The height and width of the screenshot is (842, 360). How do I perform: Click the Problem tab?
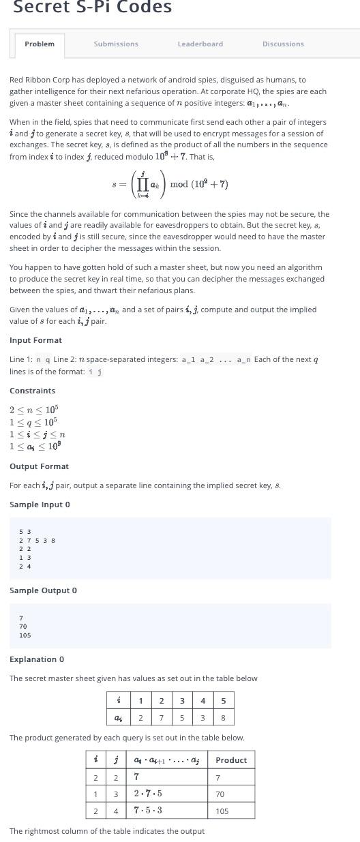click(40, 44)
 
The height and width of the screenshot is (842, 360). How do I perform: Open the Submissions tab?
click(116, 44)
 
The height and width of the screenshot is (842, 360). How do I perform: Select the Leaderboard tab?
click(200, 44)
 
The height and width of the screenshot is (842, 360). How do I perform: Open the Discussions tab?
click(283, 44)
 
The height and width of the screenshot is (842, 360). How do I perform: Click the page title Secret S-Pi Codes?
click(93, 7)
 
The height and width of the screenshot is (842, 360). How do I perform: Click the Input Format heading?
click(35, 340)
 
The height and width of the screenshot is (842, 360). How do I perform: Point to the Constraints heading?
click(33, 391)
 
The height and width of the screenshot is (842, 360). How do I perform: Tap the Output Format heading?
click(39, 466)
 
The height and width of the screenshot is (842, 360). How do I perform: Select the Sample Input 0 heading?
click(40, 505)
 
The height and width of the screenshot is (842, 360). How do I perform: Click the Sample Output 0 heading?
click(43, 590)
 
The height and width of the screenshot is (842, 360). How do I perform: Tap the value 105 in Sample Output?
click(25, 635)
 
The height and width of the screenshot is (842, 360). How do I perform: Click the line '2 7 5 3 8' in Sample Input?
click(37, 541)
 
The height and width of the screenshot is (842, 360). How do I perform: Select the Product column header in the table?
click(231, 760)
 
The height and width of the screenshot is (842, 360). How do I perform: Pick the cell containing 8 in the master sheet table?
click(224, 718)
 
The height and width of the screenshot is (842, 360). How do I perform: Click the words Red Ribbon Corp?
click(39, 80)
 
